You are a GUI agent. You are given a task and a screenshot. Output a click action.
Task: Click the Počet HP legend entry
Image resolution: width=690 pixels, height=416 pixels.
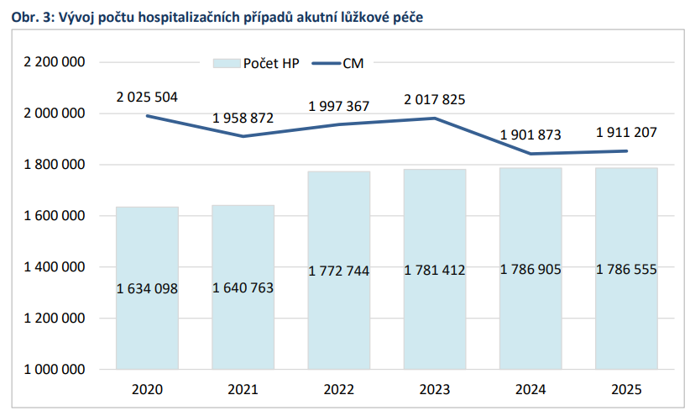pos(252,63)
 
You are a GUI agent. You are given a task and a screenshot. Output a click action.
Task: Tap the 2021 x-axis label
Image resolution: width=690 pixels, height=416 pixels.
pos(243,390)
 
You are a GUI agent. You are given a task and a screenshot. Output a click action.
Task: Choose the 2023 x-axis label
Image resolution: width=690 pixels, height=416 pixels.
pos(434,390)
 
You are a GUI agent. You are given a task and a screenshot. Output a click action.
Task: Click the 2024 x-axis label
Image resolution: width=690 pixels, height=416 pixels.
pos(531,390)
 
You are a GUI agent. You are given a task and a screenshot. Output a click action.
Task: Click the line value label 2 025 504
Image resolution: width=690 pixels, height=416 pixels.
pos(147,97)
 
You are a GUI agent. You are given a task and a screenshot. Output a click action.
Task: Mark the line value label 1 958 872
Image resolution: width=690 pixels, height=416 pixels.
pos(243,118)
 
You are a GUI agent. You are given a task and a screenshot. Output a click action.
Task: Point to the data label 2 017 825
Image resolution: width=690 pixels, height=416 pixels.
pos(434,100)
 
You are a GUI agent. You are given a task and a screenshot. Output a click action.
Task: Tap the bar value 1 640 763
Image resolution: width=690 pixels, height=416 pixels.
pos(243,287)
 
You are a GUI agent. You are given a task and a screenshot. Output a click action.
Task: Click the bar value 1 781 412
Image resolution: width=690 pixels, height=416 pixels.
pos(434,271)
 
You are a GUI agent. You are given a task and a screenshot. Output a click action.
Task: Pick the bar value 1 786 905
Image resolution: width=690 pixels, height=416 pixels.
pos(531,271)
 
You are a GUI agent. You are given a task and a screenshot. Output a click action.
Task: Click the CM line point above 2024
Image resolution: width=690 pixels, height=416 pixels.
pos(531,154)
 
